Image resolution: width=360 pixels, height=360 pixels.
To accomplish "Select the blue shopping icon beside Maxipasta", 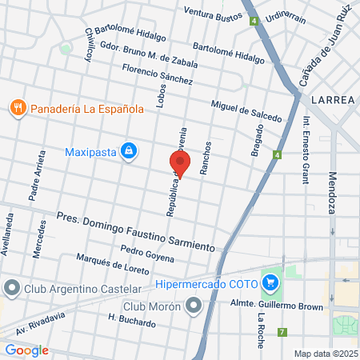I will click(x=128, y=150).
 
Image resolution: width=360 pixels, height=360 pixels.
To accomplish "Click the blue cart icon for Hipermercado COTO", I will click(x=271, y=282).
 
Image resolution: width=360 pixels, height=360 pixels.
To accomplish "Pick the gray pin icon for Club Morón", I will click(x=194, y=305).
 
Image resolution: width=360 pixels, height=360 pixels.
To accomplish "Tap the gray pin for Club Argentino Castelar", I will click(x=11, y=287).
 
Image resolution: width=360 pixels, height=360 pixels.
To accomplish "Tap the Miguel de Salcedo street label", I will click(x=246, y=111).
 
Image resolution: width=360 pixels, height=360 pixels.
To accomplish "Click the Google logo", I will click(x=26, y=350).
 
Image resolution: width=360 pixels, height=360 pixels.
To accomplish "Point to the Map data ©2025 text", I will click(x=325, y=354).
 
